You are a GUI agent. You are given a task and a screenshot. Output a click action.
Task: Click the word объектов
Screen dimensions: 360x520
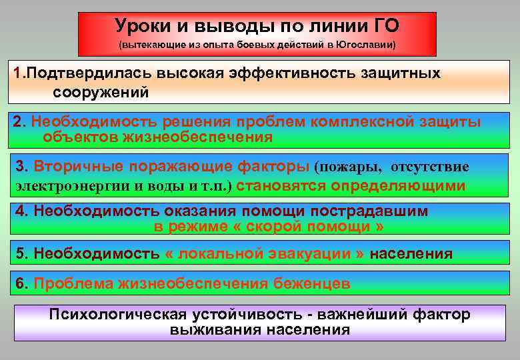[x=79, y=137]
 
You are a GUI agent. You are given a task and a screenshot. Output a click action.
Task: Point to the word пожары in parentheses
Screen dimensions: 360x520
[x=354, y=167]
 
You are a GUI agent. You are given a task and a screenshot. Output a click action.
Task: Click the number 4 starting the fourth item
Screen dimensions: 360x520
[x=19, y=211]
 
